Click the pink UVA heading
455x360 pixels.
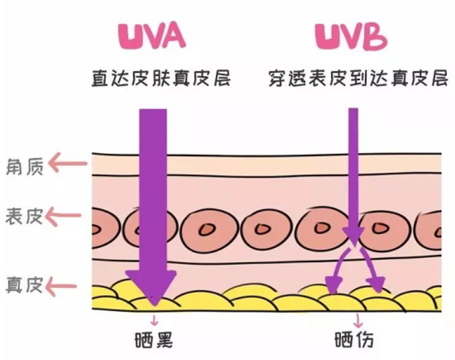coord(152,37)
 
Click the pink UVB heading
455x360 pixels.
coord(350,37)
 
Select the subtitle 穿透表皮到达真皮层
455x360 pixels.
coord(358,79)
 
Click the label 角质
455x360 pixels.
coord(25,165)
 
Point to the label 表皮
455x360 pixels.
coord(25,216)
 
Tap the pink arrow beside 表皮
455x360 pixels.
coord(68,215)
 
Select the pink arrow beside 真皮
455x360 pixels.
coord(68,286)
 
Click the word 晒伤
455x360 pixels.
coord(354,340)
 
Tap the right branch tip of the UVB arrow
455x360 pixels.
coord(378,286)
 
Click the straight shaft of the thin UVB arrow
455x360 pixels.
coord(354,172)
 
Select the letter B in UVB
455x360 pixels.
coord(374,38)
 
